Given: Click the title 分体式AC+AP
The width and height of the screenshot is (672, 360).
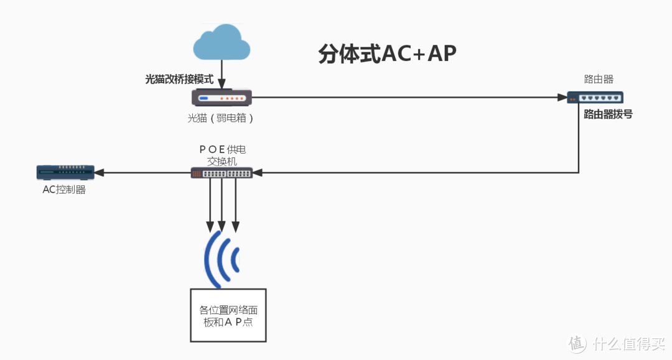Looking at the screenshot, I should pos(387,54).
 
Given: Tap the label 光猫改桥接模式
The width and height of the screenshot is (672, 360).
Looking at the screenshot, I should pos(179,80).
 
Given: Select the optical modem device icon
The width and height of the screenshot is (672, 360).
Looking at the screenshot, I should pos(222,98).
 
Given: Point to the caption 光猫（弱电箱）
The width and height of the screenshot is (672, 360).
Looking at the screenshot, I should pos(222,118).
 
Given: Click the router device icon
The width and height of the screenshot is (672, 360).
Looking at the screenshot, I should pos(595,97).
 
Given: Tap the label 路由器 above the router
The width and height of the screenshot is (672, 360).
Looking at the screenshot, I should pos(599,80).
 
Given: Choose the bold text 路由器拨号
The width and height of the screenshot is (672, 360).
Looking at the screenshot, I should pos(608,114).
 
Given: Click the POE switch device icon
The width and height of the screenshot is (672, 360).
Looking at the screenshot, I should pos(222,173).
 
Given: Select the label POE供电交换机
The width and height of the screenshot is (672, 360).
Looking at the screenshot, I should pos(222,155).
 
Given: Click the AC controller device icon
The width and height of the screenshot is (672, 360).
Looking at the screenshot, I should pos(65,172).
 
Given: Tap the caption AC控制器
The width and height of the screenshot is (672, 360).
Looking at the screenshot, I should pos(64,190).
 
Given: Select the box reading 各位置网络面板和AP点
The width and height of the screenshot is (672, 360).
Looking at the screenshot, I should pos(228,315).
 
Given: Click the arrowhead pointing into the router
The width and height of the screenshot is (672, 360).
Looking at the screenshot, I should pos(562,98).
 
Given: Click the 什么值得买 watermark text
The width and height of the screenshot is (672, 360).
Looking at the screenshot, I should pos(628,343).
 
